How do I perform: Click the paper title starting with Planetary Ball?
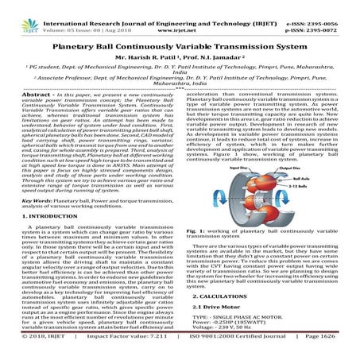(180, 34)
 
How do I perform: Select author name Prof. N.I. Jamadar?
(217, 47)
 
